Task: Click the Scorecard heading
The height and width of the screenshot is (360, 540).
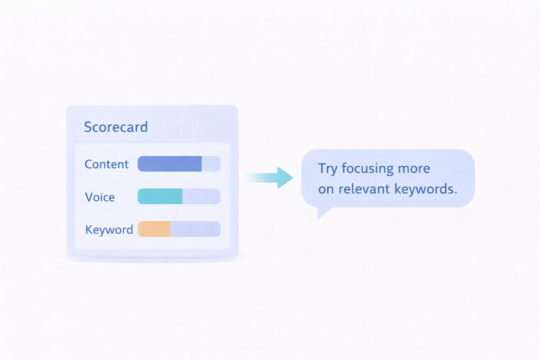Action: (x=115, y=127)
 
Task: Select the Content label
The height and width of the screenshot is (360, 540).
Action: (x=107, y=164)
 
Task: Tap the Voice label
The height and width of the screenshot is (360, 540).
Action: (x=100, y=197)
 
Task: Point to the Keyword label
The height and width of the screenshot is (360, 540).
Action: (x=109, y=230)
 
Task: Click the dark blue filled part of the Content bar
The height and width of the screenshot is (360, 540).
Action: (x=170, y=164)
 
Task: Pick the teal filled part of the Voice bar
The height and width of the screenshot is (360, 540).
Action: (x=160, y=196)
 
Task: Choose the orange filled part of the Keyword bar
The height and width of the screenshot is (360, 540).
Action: (x=155, y=229)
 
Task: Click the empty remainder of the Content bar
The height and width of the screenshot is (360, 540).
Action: (x=211, y=164)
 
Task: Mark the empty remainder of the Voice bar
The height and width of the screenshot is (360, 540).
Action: (x=201, y=196)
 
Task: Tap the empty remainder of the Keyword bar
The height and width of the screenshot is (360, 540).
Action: (x=196, y=229)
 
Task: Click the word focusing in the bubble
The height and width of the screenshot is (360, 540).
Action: (x=368, y=169)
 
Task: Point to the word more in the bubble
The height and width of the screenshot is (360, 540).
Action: (x=414, y=169)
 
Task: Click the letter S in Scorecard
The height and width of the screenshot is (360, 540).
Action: (x=88, y=127)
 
